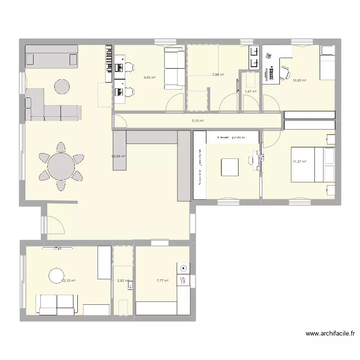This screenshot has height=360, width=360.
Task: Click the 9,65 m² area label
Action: (149, 77)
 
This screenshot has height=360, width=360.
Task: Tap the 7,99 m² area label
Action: (218, 75)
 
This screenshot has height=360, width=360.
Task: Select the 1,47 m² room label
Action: (250, 92)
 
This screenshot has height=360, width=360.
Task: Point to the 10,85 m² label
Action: (300, 81)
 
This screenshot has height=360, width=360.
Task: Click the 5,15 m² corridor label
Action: (198, 121)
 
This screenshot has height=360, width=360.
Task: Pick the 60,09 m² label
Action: (118, 156)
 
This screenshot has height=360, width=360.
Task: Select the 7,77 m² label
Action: (162, 280)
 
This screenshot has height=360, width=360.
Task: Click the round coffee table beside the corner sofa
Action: (61, 87)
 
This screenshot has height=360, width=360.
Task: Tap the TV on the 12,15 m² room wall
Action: (58, 249)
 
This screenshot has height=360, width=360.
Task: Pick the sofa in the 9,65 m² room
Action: (174, 67)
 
